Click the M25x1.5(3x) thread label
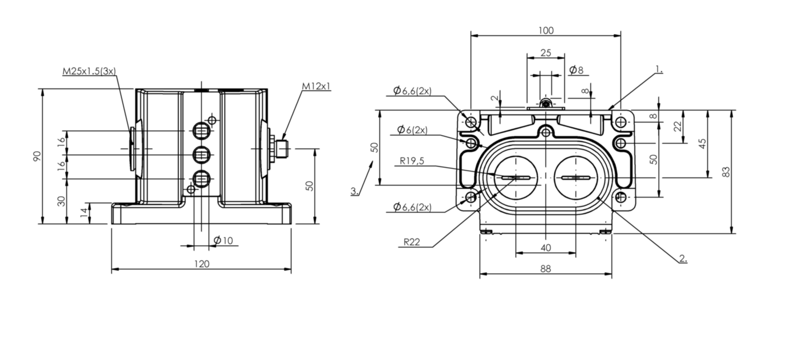click(89, 71)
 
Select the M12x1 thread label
click(316, 86)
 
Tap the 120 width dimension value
click(202, 264)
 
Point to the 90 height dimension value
click(37, 156)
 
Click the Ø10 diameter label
click(224, 240)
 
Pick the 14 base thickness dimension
click(84, 212)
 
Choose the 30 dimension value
click(61, 201)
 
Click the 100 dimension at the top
click(546, 31)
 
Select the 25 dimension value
click(546, 52)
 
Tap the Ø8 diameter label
click(576, 70)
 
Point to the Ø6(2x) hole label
click(412, 130)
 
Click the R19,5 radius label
click(412, 161)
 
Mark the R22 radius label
click(412, 242)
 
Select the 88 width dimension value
click(546, 269)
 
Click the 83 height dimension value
click(727, 172)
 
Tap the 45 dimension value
click(702, 143)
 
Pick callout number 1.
click(659, 70)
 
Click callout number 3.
click(355, 191)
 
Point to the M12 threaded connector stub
click(282, 149)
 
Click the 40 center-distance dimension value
click(546, 248)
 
